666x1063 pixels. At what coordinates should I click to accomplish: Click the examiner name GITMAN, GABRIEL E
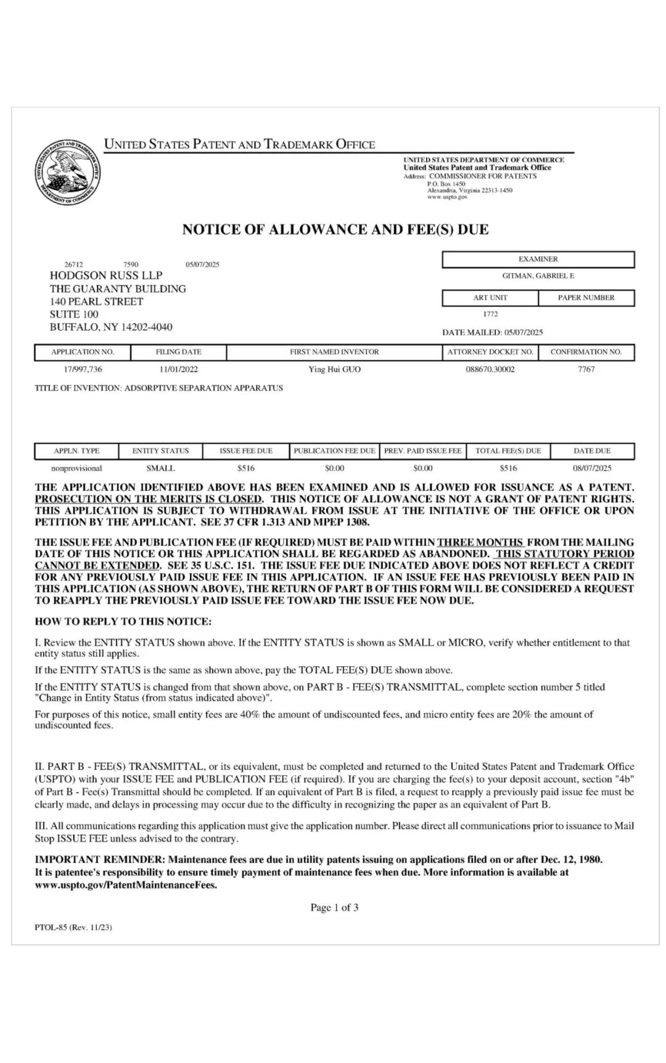click(x=538, y=276)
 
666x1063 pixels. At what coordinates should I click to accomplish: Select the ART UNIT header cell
click(x=490, y=297)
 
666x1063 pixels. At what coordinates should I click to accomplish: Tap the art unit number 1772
click(x=490, y=314)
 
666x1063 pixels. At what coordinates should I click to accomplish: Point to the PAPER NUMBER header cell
click(x=586, y=297)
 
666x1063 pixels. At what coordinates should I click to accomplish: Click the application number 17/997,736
click(x=83, y=369)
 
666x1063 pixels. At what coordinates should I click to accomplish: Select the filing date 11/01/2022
click(x=178, y=369)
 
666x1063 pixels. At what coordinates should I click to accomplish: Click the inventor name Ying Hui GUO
click(x=334, y=369)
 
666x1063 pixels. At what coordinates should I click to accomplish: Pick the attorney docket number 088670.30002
click(x=490, y=369)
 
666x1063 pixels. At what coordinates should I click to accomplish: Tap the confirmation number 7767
click(x=586, y=369)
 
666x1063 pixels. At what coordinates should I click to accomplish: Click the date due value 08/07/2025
click(x=592, y=468)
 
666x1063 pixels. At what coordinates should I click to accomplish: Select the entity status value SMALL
click(x=160, y=468)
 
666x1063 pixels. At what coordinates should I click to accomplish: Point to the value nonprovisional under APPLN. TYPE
click(x=76, y=468)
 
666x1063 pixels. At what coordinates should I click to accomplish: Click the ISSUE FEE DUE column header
click(x=246, y=451)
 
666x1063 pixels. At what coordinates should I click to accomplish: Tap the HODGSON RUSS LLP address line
click(x=106, y=275)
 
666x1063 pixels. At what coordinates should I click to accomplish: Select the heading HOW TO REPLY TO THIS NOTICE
click(x=123, y=621)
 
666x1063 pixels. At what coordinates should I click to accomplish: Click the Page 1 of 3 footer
click(x=334, y=907)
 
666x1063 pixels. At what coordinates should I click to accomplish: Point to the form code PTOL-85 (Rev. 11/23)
click(x=73, y=927)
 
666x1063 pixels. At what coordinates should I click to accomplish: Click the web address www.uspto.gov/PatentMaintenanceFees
click(x=126, y=885)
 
